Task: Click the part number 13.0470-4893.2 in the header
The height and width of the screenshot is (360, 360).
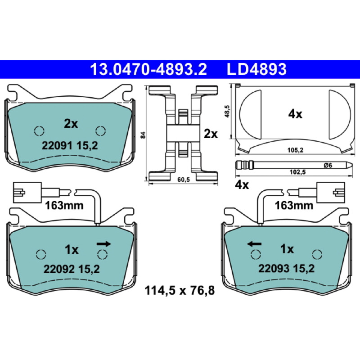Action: coord(148,69)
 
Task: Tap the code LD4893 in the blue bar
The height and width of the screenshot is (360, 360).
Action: coord(256,69)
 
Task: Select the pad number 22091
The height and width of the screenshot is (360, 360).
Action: coord(57,145)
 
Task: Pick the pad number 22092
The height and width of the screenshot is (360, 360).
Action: coord(59,269)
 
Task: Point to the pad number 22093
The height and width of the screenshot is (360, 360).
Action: coord(274,268)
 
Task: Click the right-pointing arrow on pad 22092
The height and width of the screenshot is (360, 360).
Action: coord(104,244)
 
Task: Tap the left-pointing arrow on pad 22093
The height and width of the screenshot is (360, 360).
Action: coord(254,244)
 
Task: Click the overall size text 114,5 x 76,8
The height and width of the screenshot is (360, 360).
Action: coord(180,290)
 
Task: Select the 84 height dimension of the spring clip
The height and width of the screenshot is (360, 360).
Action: coord(143,135)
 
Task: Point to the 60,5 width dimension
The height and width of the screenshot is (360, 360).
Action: coord(184,180)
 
